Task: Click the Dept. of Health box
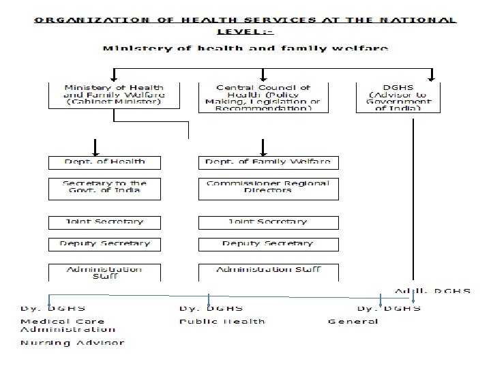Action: [x=105, y=162]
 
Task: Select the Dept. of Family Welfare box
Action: [x=268, y=162]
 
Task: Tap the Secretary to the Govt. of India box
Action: [x=105, y=187]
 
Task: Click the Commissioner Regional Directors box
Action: [x=268, y=187]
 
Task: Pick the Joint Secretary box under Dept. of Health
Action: [x=105, y=222]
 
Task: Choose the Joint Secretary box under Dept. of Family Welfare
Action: [x=268, y=222]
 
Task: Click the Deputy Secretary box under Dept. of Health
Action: [x=105, y=243]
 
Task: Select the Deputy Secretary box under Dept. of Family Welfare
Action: [x=268, y=243]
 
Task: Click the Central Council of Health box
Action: [x=263, y=97]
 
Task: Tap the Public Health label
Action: [x=222, y=322]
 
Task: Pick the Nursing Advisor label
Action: [x=73, y=343]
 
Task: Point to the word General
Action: [x=353, y=322]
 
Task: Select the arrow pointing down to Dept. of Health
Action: [x=96, y=146]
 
